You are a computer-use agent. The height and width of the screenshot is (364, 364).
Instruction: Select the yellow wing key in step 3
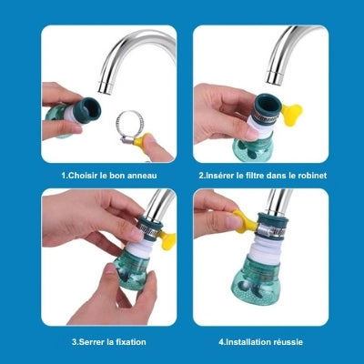point(167,240)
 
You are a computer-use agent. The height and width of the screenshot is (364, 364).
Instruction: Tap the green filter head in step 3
point(126,278)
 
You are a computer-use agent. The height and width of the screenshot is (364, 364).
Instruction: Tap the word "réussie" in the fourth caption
point(286,341)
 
